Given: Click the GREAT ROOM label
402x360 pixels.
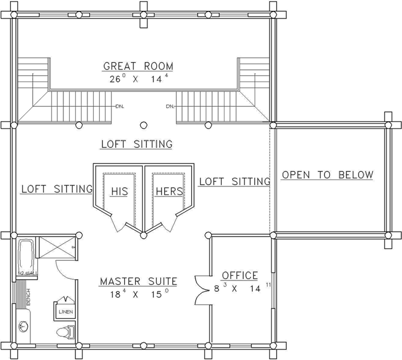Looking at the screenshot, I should click(138, 66).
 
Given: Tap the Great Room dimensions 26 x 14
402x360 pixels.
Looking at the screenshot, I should click(138, 79).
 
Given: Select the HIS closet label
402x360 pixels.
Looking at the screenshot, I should click(119, 191).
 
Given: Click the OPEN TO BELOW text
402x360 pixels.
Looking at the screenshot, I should click(327, 176).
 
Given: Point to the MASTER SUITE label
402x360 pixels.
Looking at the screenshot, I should click(138, 282).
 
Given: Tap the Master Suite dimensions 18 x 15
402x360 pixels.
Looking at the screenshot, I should click(138, 295).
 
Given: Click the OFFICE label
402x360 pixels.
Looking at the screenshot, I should click(240, 275).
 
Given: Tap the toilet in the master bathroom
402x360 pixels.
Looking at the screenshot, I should click(65, 332).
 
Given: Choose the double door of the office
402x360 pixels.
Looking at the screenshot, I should click(202, 288).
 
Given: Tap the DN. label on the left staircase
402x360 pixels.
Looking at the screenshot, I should click(119, 106).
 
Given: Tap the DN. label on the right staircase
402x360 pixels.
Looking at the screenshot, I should click(170, 106).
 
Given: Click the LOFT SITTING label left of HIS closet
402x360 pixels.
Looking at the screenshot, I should click(57, 189).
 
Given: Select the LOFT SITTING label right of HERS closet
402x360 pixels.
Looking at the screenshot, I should click(234, 181).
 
